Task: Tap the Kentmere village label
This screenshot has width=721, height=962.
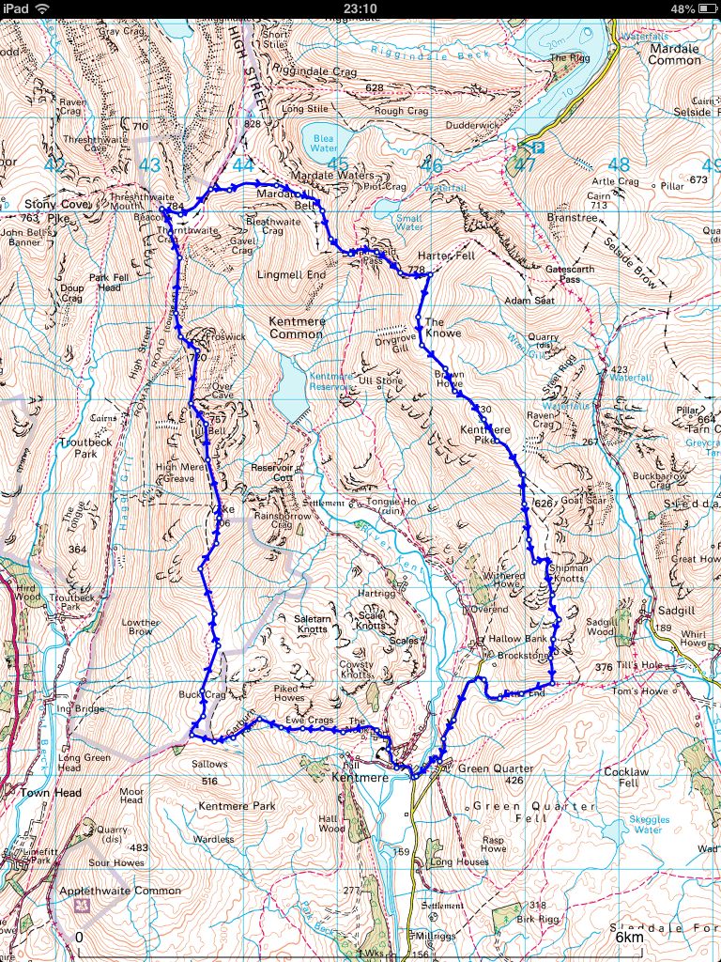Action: (x=360, y=779)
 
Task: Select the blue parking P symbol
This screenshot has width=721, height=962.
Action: (x=537, y=147)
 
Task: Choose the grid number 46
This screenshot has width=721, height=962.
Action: (x=431, y=166)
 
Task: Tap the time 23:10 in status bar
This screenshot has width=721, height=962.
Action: (x=360, y=8)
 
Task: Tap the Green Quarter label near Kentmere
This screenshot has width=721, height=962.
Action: (x=496, y=768)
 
